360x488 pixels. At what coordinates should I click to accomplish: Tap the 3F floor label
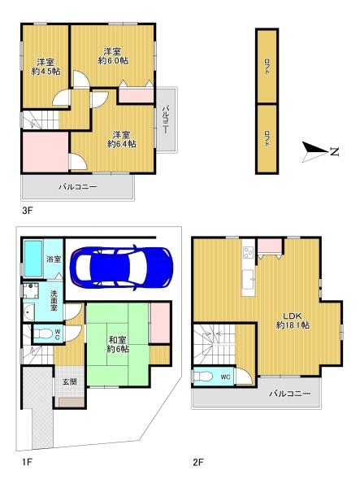[27, 211]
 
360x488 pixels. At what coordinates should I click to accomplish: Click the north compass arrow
[317, 150]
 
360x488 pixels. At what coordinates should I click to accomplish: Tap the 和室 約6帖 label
[119, 343]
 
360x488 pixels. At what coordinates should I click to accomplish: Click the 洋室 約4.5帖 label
[44, 67]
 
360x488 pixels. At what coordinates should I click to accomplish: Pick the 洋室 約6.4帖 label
[122, 139]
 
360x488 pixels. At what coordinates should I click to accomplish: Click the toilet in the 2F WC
[203, 377]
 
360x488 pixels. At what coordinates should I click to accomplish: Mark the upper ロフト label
[267, 68]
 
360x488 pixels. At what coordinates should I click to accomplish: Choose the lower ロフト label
[267, 138]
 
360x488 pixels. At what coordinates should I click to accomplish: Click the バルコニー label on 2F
[290, 394]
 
